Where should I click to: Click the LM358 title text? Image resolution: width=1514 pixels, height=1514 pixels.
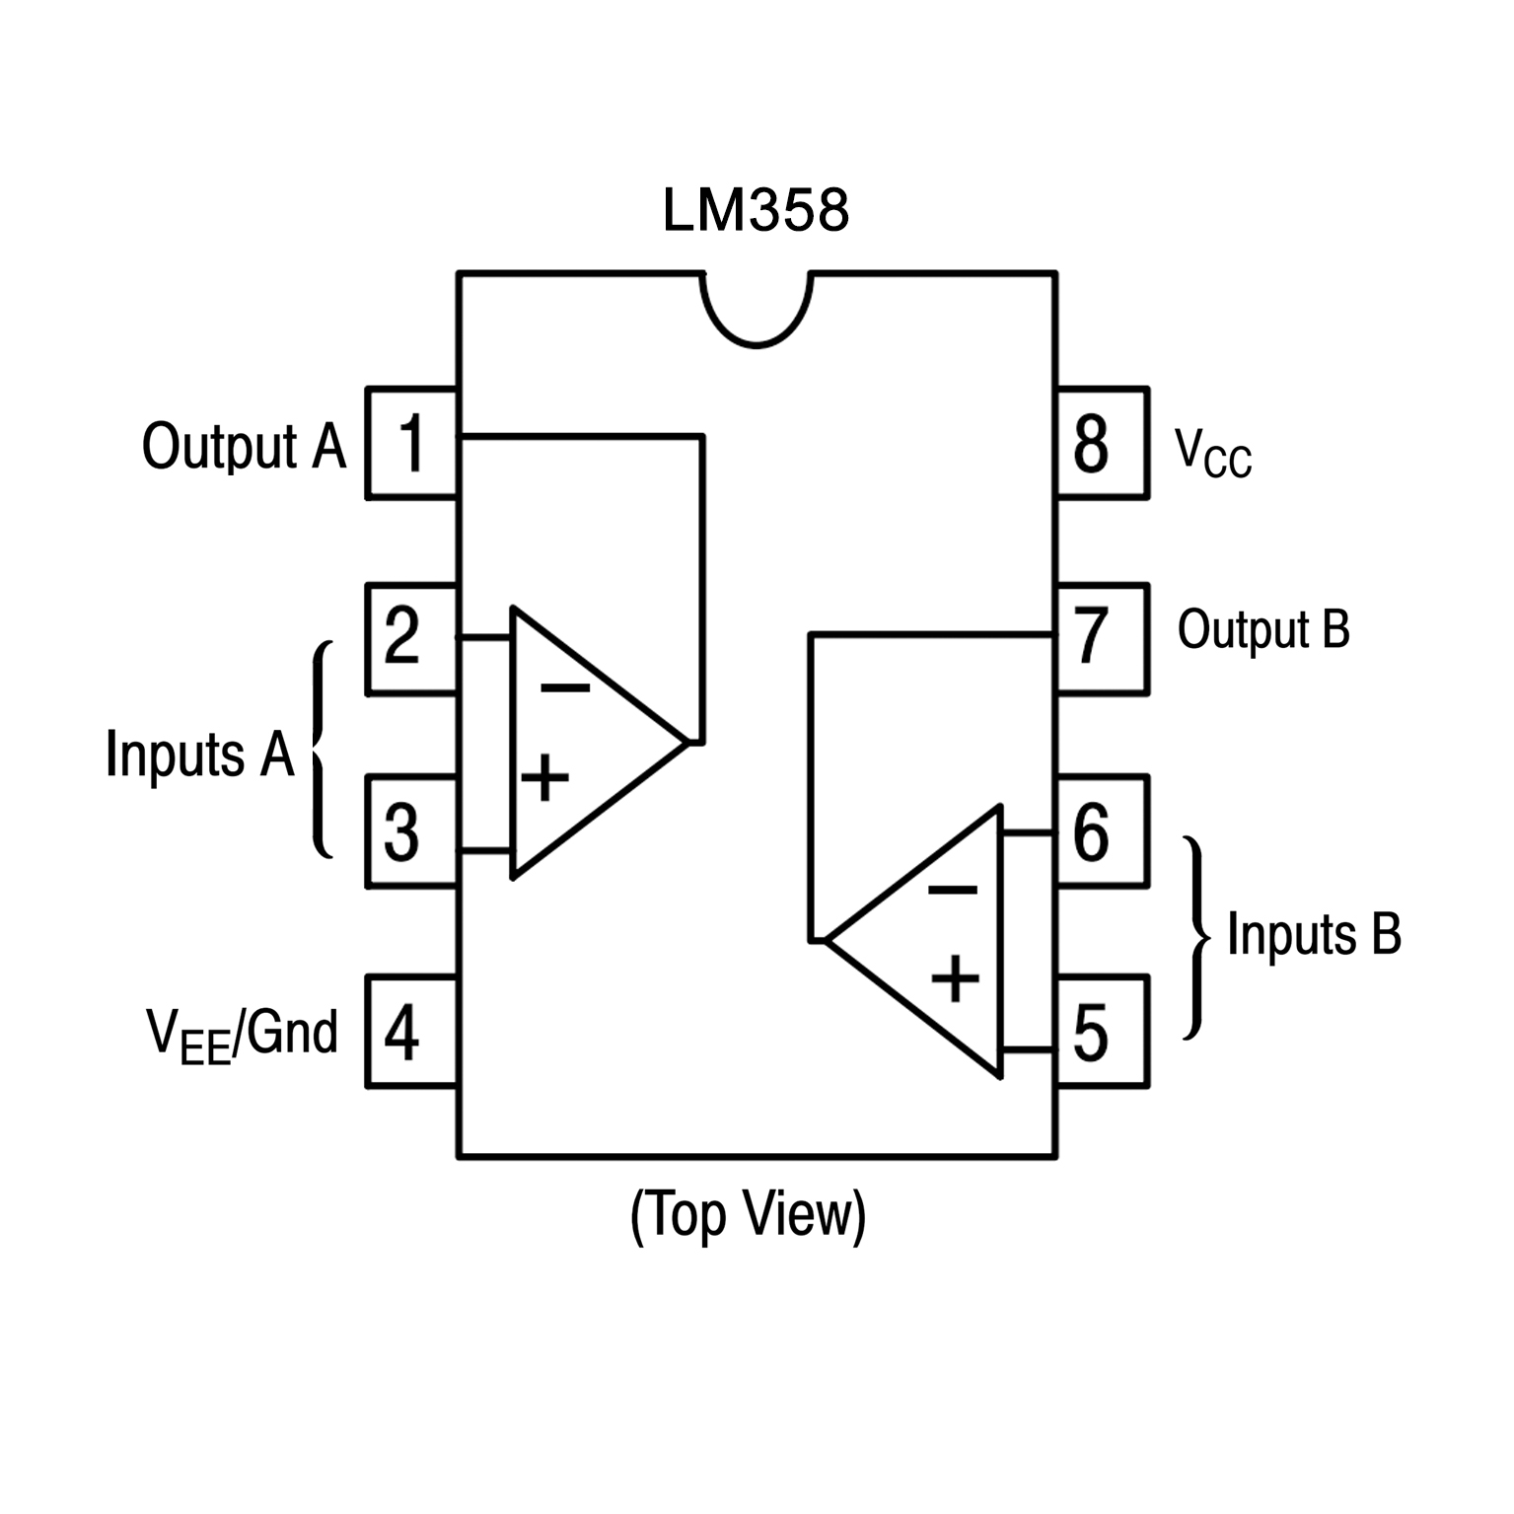[756, 211]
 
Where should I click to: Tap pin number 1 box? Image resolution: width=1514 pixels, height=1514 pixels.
[411, 443]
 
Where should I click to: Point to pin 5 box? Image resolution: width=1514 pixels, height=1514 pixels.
[1102, 1032]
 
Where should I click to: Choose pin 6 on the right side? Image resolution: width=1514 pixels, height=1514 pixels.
[1102, 831]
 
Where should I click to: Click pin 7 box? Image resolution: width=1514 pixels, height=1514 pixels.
[1102, 638]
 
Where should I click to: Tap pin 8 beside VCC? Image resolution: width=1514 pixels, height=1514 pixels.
[1102, 443]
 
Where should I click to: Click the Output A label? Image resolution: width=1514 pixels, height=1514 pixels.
[244, 447]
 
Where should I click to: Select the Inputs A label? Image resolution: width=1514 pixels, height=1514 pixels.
[200, 755]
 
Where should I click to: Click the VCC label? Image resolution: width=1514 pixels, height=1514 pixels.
[1212, 454]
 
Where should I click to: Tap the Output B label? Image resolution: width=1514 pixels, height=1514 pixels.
[1262, 630]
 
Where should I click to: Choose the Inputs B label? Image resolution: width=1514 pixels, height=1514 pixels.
[1313, 934]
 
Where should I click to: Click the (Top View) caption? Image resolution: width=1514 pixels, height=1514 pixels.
[748, 1214]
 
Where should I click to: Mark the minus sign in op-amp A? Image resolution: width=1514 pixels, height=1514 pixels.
[565, 687]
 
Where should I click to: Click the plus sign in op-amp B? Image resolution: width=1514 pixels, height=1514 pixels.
[955, 978]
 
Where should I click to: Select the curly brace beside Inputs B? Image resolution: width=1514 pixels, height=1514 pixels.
[1195, 937]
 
